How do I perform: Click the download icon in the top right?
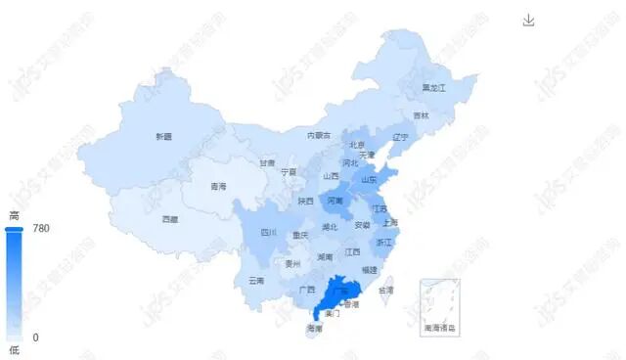529,21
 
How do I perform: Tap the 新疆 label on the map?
162,137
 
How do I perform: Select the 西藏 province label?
170,219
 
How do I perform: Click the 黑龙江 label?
433,88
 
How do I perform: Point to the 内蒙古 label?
319,135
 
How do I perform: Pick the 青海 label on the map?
217,186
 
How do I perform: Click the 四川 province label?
269,233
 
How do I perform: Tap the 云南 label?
256,281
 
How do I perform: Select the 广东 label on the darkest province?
338,291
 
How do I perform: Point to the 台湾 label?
386,291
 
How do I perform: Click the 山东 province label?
369,180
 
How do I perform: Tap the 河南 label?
335,201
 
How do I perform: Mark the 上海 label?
391,222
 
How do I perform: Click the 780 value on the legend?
41,228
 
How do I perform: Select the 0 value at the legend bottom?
35,337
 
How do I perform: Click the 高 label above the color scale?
14,215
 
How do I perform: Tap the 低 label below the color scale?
14,349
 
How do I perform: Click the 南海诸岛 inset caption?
439,327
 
